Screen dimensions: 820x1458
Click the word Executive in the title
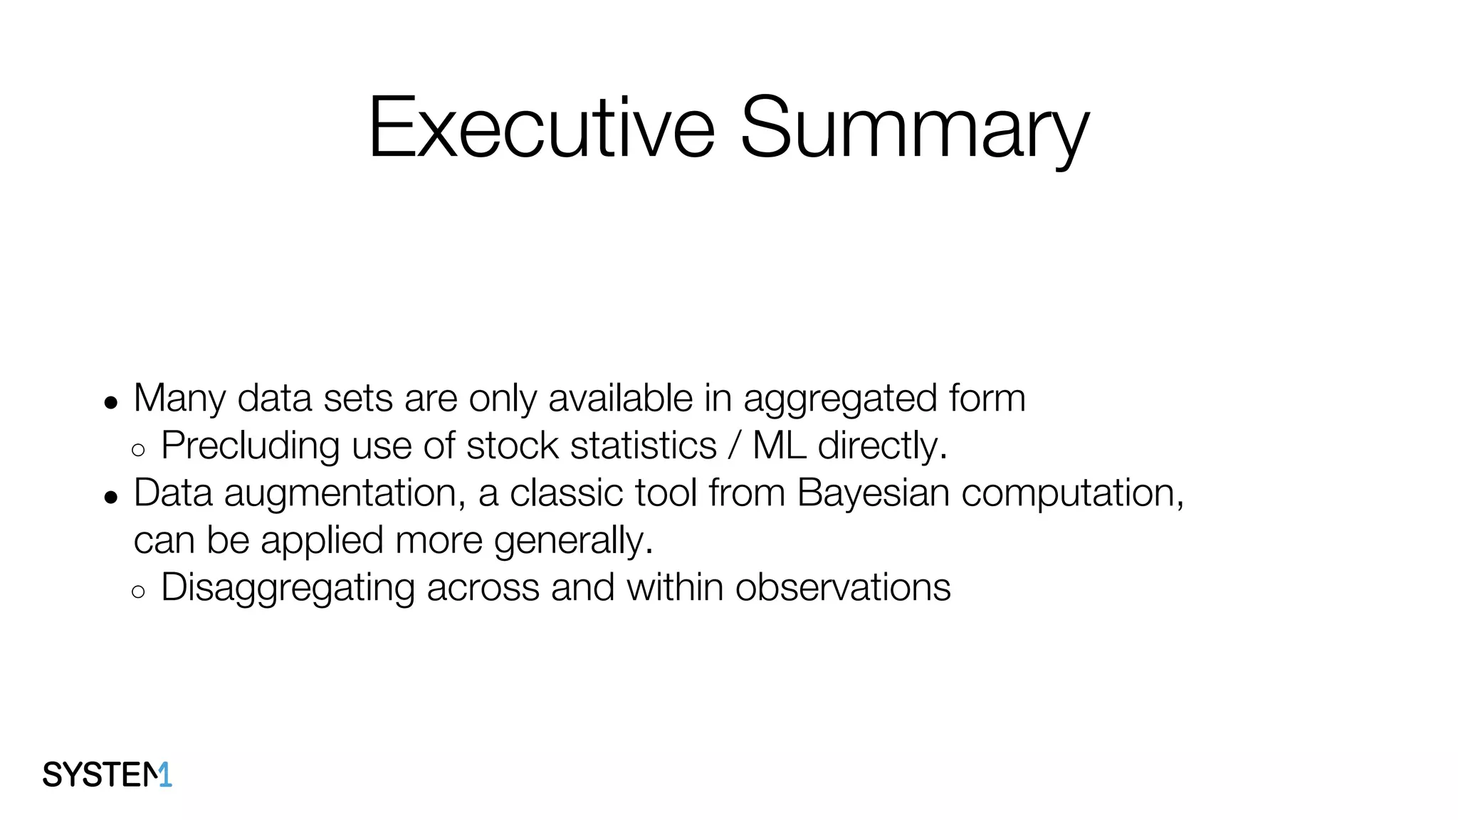pos(541,128)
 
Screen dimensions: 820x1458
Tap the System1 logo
pos(107,774)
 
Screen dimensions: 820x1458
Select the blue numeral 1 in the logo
pos(165,774)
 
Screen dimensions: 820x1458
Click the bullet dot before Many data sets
pos(110,402)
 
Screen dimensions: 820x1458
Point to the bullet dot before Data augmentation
pos(110,497)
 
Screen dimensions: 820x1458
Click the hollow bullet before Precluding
pos(138,450)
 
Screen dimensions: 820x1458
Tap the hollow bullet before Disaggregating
pos(138,592)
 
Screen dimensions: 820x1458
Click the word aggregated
pos(840,399)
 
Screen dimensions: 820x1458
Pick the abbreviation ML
pos(779,446)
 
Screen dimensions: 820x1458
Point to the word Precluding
pos(250,446)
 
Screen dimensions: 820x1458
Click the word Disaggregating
pos(288,588)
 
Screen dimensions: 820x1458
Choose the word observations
pos(843,588)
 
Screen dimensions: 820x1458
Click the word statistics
pos(643,446)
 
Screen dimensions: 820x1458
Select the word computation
pos(1072,493)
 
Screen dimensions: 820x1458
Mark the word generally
pos(573,541)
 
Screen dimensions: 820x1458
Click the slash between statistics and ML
pos(734,446)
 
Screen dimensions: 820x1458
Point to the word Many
pos(179,399)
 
